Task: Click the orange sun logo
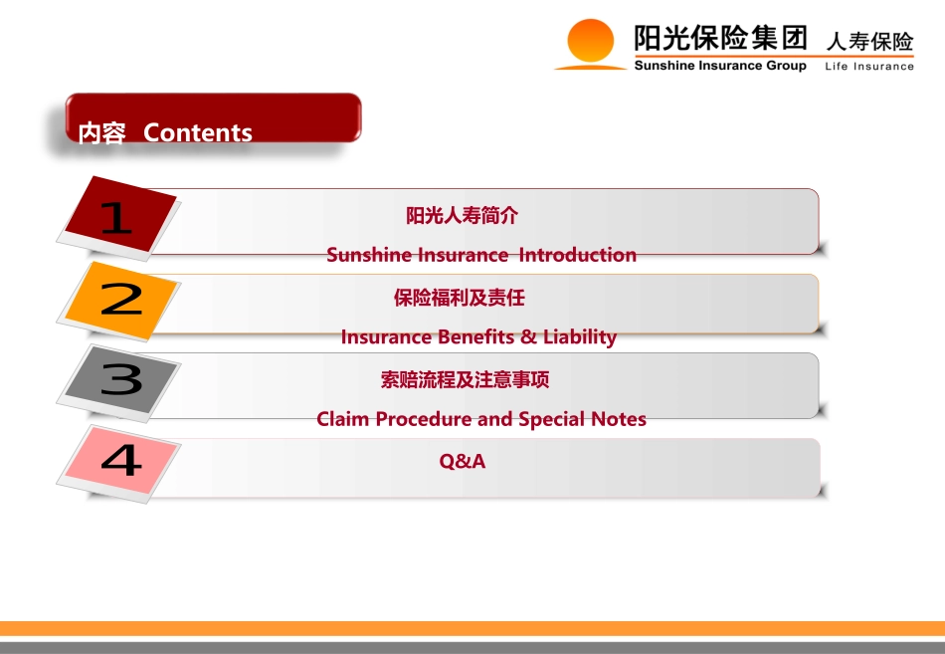coord(591,44)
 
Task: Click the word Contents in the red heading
coord(198,132)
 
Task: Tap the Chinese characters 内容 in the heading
coord(101,133)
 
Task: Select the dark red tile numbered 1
coord(120,214)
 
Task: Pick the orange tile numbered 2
coord(120,300)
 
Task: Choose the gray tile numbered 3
coord(121,379)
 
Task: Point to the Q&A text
coord(463,461)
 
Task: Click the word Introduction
coord(577,255)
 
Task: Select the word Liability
coord(580,337)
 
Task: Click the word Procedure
coord(424,419)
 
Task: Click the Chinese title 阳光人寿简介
coord(463,215)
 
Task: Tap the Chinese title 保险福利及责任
coord(460,298)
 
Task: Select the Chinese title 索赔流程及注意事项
coord(465,379)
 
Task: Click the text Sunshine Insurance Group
coord(720,66)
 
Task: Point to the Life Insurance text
coord(869,67)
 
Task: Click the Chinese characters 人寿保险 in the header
coord(869,42)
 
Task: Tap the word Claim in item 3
coord(342,419)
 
